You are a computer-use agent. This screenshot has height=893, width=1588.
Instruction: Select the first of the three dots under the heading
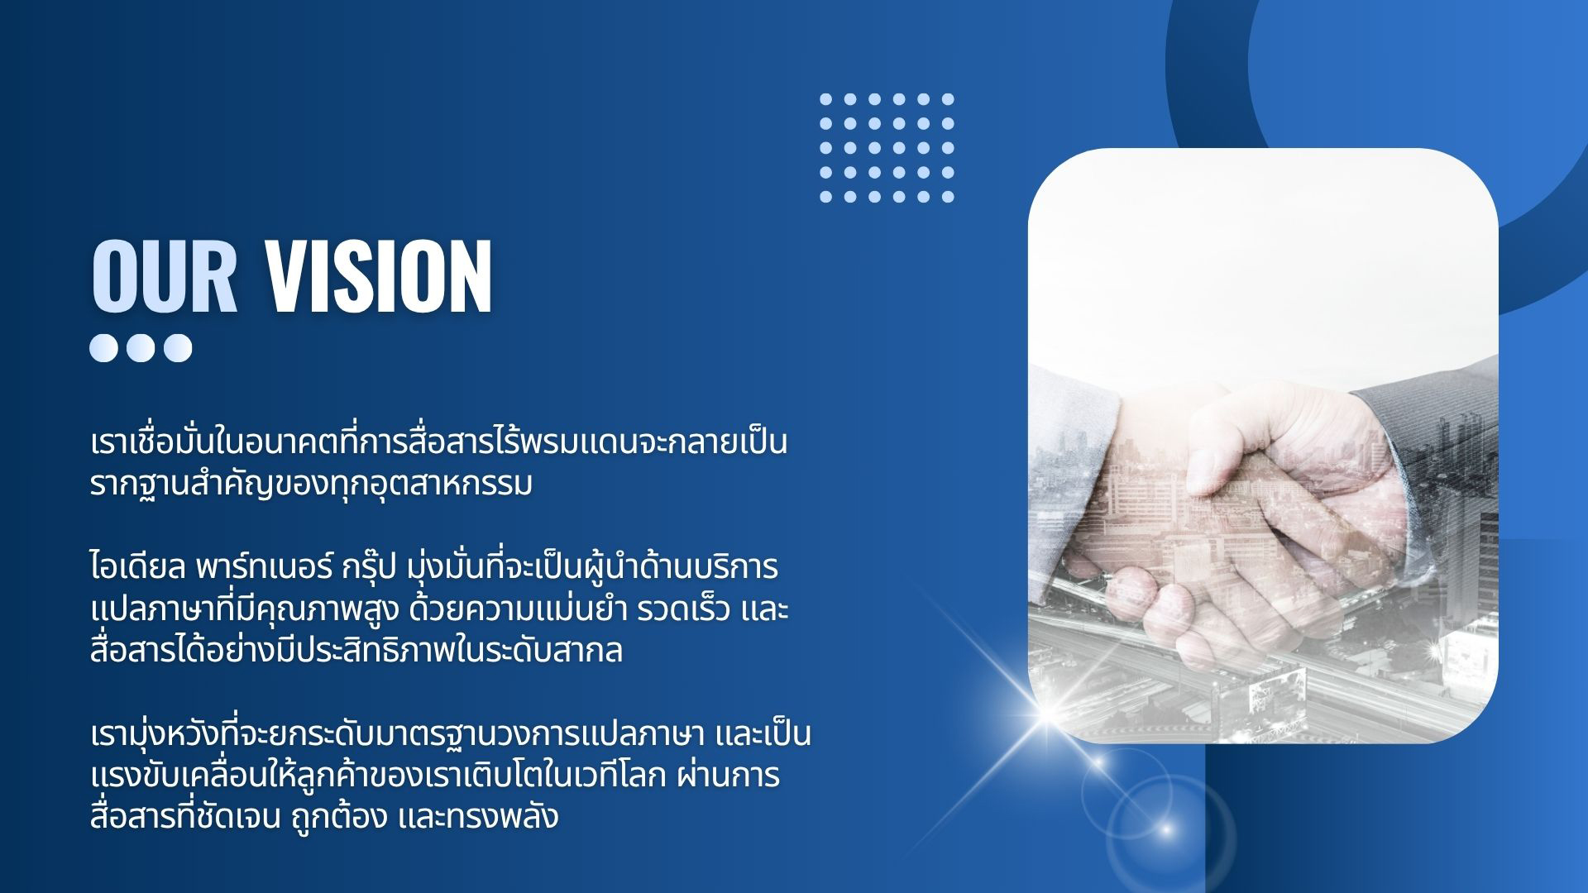[x=104, y=347]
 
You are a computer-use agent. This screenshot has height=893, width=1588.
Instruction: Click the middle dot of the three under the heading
[x=141, y=347]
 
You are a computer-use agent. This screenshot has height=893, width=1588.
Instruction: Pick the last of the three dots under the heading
[x=177, y=347]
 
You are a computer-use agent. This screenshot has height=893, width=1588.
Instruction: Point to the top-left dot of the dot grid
[x=825, y=99]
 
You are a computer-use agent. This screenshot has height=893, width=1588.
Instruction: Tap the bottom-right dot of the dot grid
[x=948, y=197]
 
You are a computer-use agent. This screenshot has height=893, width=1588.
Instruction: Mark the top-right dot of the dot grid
[x=948, y=99]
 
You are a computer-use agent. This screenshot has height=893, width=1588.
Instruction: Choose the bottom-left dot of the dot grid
[x=825, y=197]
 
